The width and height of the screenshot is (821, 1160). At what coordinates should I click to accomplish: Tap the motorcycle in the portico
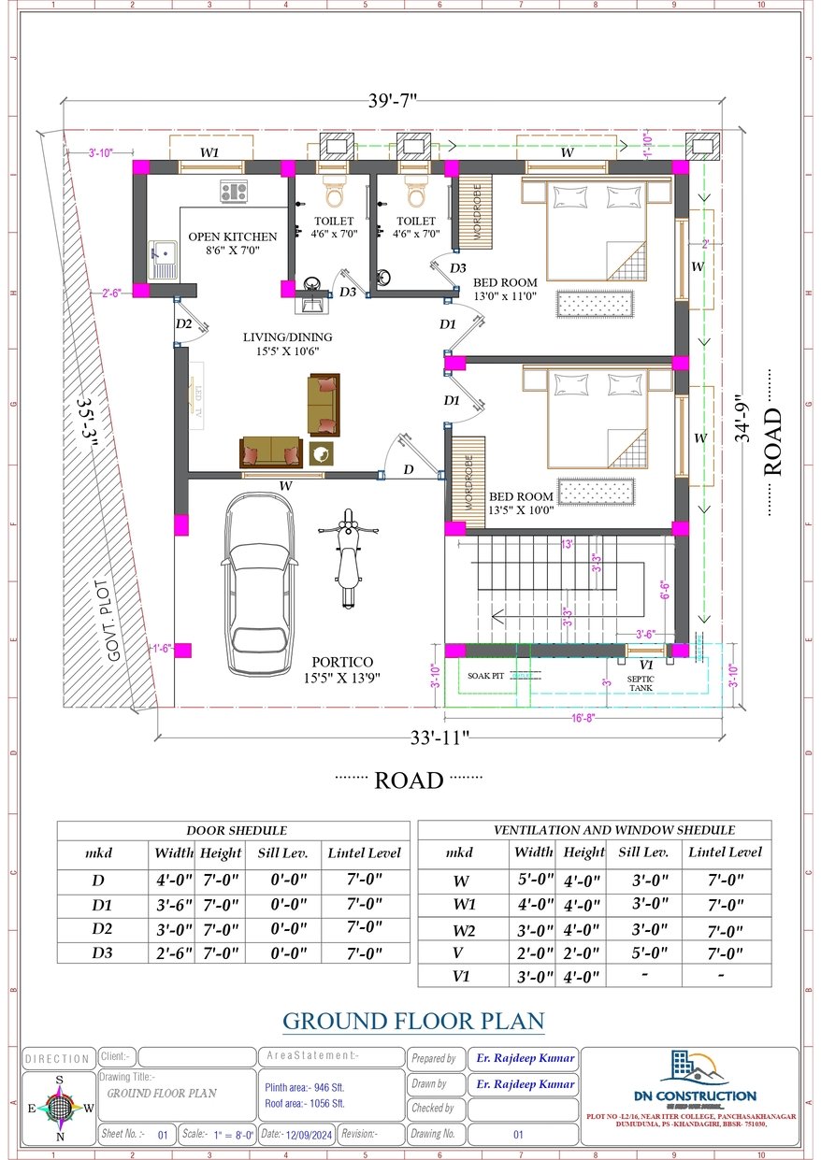point(348,557)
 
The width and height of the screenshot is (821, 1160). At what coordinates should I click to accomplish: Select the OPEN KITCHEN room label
point(232,236)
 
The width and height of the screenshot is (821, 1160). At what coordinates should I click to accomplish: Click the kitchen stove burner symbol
point(233,193)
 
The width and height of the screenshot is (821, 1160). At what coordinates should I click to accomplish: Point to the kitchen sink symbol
point(163,253)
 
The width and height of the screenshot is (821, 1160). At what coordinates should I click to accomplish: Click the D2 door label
point(183,323)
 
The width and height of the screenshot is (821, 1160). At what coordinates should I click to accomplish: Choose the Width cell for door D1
point(172,905)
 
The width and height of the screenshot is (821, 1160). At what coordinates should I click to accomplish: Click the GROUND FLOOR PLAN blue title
point(413,1021)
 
